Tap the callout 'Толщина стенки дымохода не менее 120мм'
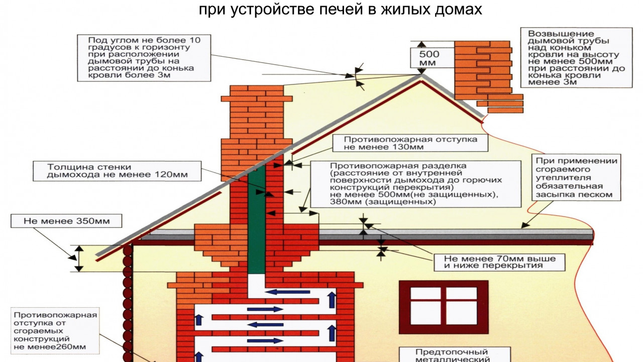pyautogui.click(x=117, y=171)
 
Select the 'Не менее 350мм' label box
pyautogui.click(x=66, y=221)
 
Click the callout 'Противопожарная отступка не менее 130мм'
pyautogui.click(x=410, y=143)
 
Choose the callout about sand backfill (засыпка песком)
pyautogui.click(x=576, y=177)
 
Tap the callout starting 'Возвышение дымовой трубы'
pyautogui.click(x=576, y=58)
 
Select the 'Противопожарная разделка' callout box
pyautogui.click(x=415, y=184)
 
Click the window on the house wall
pyautogui.click(x=444, y=306)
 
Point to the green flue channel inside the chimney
pyautogui.click(x=256, y=221)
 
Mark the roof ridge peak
pyautogui.click(x=420, y=75)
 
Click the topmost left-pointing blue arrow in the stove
pyautogui.click(x=288, y=292)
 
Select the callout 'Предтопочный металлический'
pyautogui.click(x=452, y=355)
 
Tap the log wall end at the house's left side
pyautogui.click(x=128, y=302)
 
